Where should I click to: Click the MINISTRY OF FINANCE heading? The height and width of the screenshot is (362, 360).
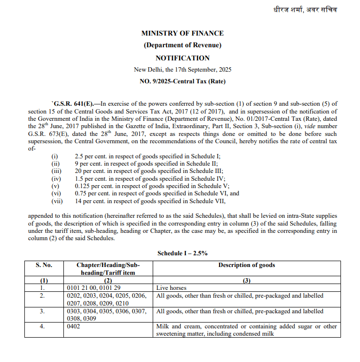pyautogui.click(x=182, y=33)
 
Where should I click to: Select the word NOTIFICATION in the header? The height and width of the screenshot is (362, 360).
pyautogui.click(x=182, y=57)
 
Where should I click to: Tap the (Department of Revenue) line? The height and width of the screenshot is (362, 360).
pyautogui.click(x=182, y=45)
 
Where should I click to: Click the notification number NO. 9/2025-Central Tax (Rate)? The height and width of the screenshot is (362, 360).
pyautogui.click(x=182, y=81)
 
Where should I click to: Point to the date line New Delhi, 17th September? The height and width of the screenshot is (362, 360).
pyautogui.click(x=182, y=70)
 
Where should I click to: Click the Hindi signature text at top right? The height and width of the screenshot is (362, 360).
pyautogui.click(x=305, y=10)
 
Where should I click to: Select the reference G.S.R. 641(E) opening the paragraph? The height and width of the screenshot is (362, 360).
pyautogui.click(x=71, y=103)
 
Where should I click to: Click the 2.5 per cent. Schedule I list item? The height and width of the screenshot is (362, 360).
pyautogui.click(x=147, y=156)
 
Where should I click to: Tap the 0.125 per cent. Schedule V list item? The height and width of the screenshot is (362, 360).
pyautogui.click(x=152, y=186)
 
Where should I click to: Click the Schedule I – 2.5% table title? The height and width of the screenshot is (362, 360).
pyautogui.click(x=182, y=254)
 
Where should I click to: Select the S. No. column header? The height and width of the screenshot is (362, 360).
pyautogui.click(x=43, y=265)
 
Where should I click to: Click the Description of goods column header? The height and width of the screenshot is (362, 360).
pyautogui.click(x=246, y=265)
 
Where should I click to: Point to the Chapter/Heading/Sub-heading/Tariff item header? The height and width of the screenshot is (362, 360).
pyautogui.click(x=108, y=269)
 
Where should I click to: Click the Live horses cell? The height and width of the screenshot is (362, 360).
pyautogui.click(x=171, y=288)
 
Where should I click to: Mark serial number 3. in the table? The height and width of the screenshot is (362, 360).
pyautogui.click(x=42, y=311)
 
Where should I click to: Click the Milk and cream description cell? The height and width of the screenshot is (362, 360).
pyautogui.click(x=246, y=330)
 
